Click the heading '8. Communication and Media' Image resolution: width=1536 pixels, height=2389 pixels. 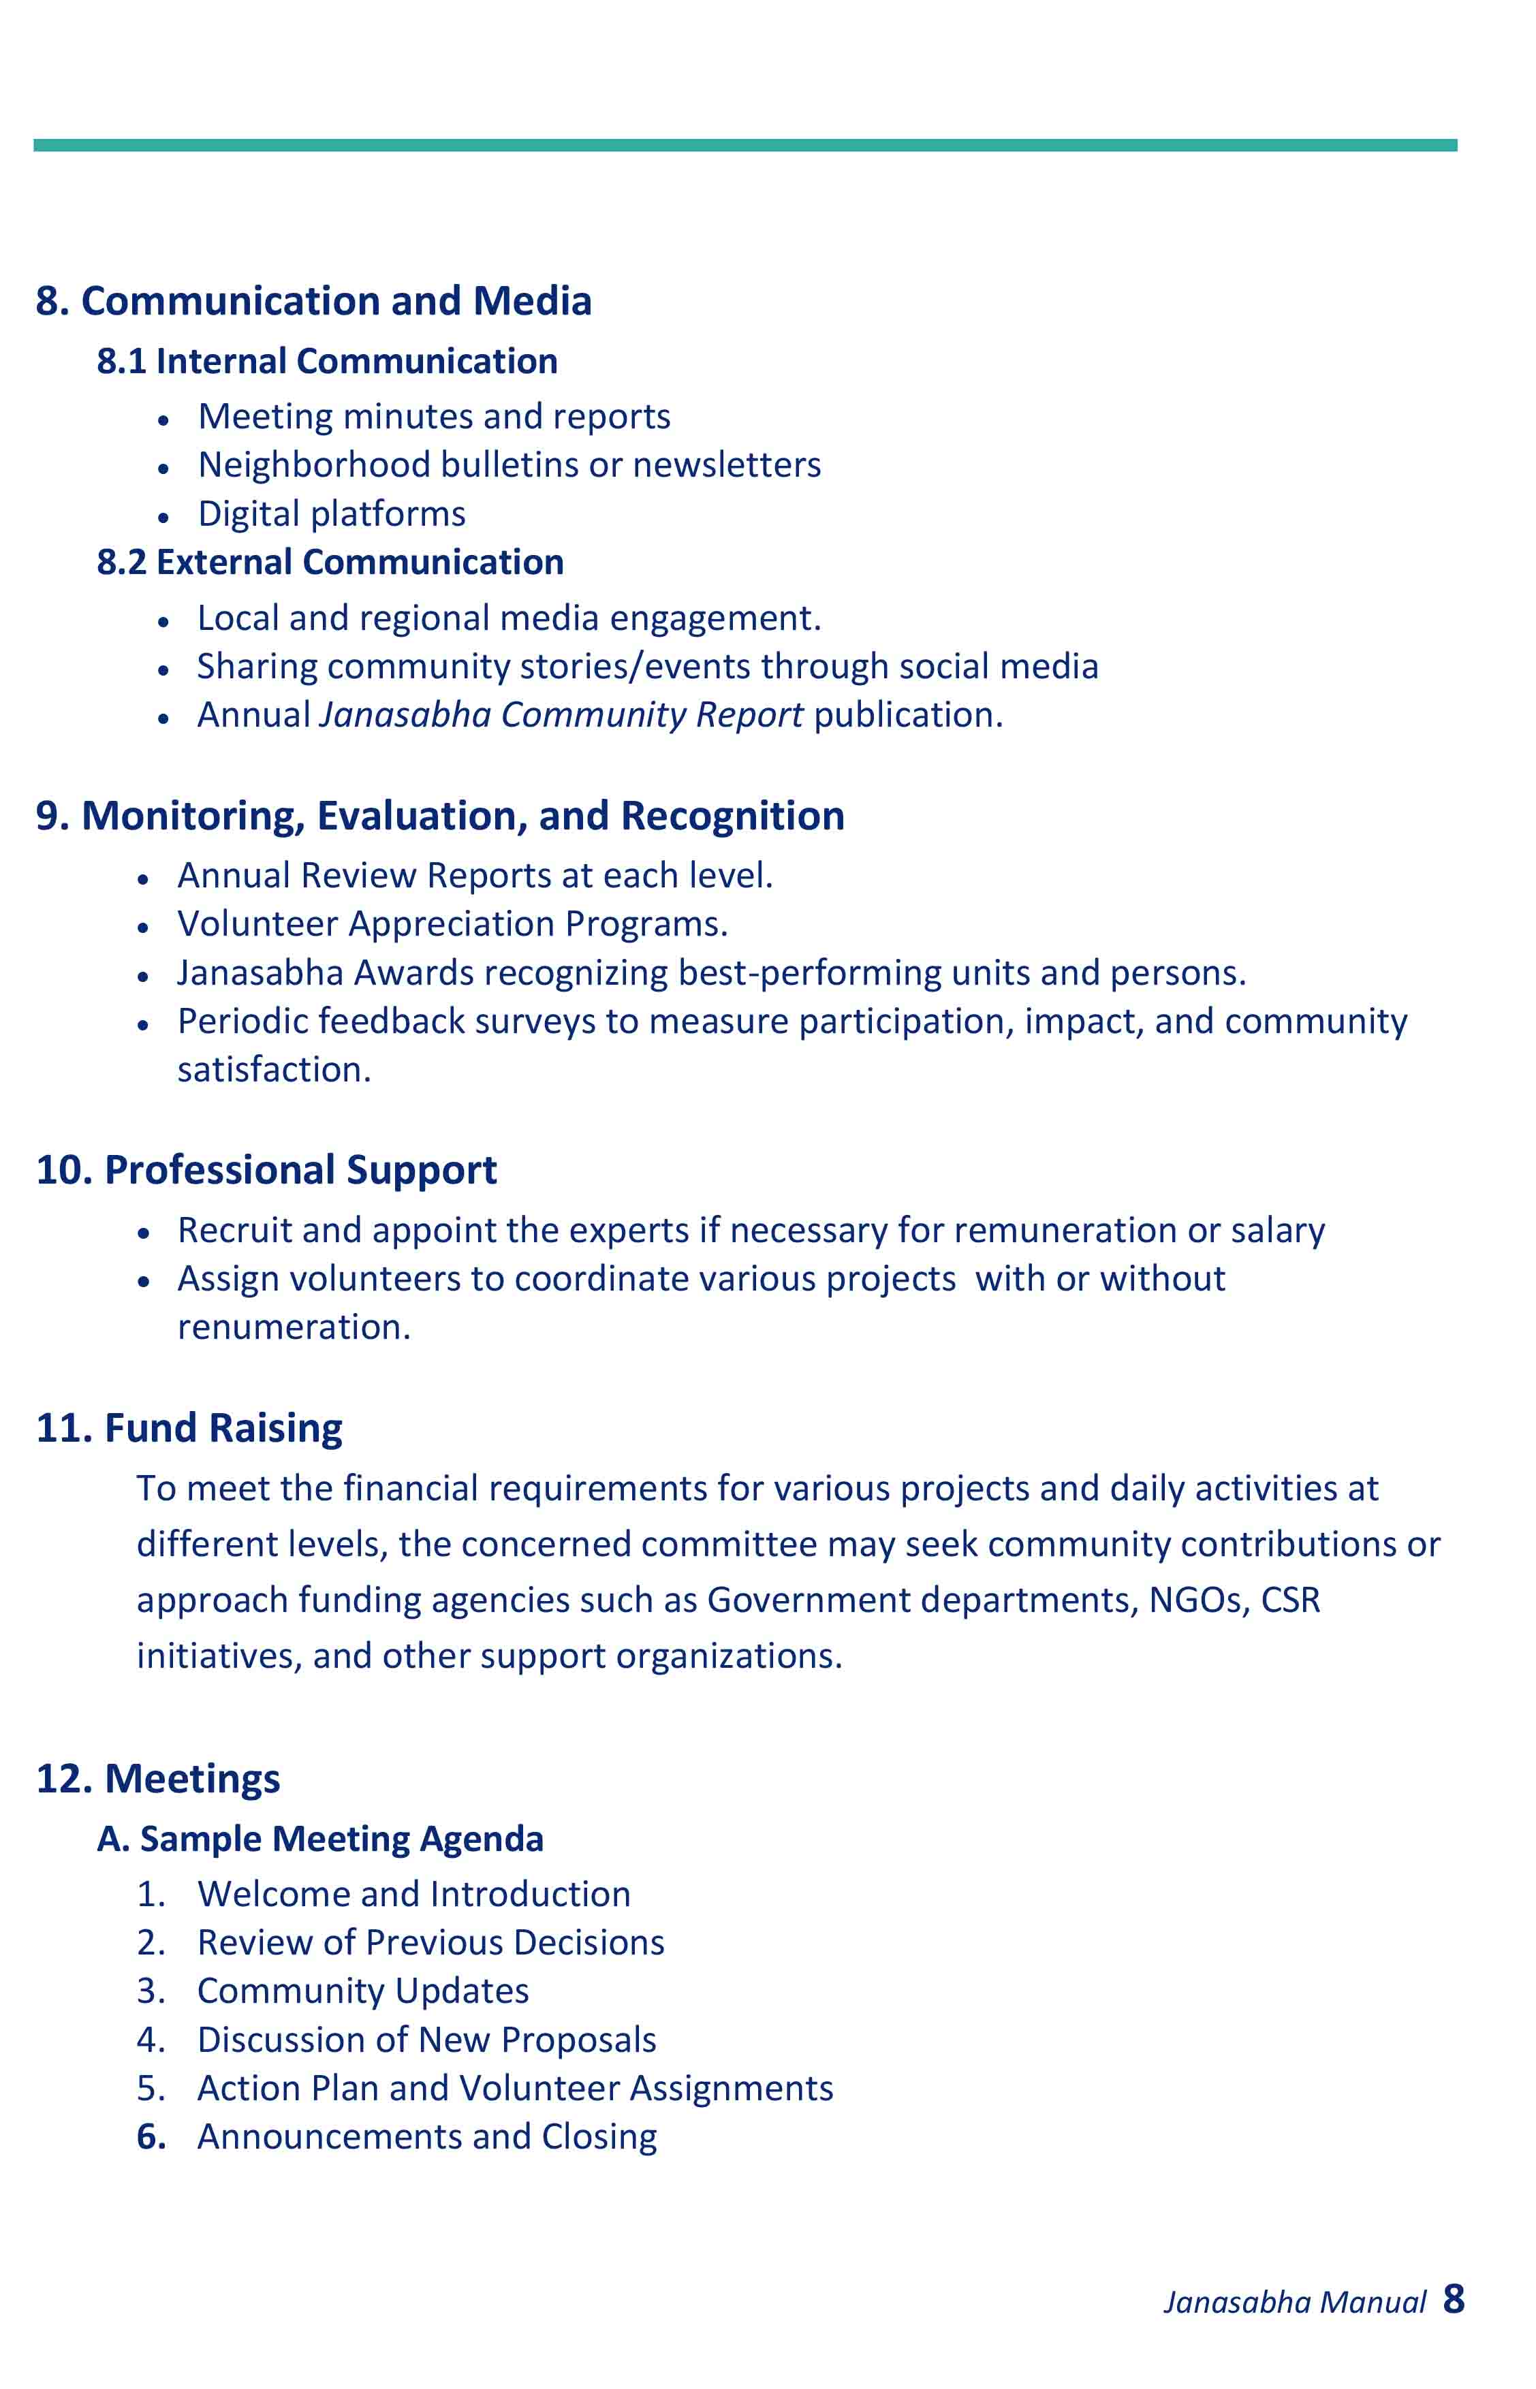click(313, 301)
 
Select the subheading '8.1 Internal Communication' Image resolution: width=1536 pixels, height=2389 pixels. click(327, 361)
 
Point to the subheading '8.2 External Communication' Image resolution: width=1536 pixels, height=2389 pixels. click(330, 563)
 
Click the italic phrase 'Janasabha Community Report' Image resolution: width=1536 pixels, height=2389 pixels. click(561, 715)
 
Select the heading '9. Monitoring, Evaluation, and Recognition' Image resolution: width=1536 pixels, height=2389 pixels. click(440, 816)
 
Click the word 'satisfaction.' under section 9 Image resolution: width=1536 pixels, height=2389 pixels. click(275, 1070)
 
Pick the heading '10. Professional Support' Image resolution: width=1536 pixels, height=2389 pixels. click(266, 1171)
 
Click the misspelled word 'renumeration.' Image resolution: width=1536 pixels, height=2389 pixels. click(294, 1327)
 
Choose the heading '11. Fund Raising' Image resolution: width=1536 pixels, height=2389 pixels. click(189, 1428)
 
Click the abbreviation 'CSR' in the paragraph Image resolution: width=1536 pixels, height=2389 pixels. click(1291, 1600)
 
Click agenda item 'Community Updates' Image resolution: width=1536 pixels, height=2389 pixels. click(363, 1991)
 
